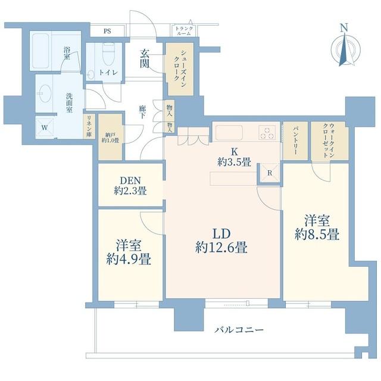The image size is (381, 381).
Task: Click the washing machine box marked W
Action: [44, 127]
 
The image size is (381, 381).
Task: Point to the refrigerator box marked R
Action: [270, 173]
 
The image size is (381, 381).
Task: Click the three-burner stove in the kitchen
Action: [267, 132]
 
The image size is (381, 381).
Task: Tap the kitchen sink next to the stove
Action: [229, 132]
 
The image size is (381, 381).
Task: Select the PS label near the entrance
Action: [107, 31]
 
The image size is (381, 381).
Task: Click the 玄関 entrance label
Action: [144, 58]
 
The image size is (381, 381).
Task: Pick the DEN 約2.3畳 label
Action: [130, 186]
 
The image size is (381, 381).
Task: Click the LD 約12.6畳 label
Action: [221, 241]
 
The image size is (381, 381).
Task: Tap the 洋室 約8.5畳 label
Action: [317, 228]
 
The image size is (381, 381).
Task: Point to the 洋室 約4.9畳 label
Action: [129, 252]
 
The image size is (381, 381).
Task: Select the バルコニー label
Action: [239, 330]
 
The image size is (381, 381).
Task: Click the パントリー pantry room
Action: [295, 141]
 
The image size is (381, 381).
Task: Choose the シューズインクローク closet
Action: [180, 69]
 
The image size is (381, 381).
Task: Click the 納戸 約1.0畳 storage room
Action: [110, 138]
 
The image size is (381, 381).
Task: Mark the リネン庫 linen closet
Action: [89, 127]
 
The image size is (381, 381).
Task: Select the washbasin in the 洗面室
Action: [45, 93]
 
